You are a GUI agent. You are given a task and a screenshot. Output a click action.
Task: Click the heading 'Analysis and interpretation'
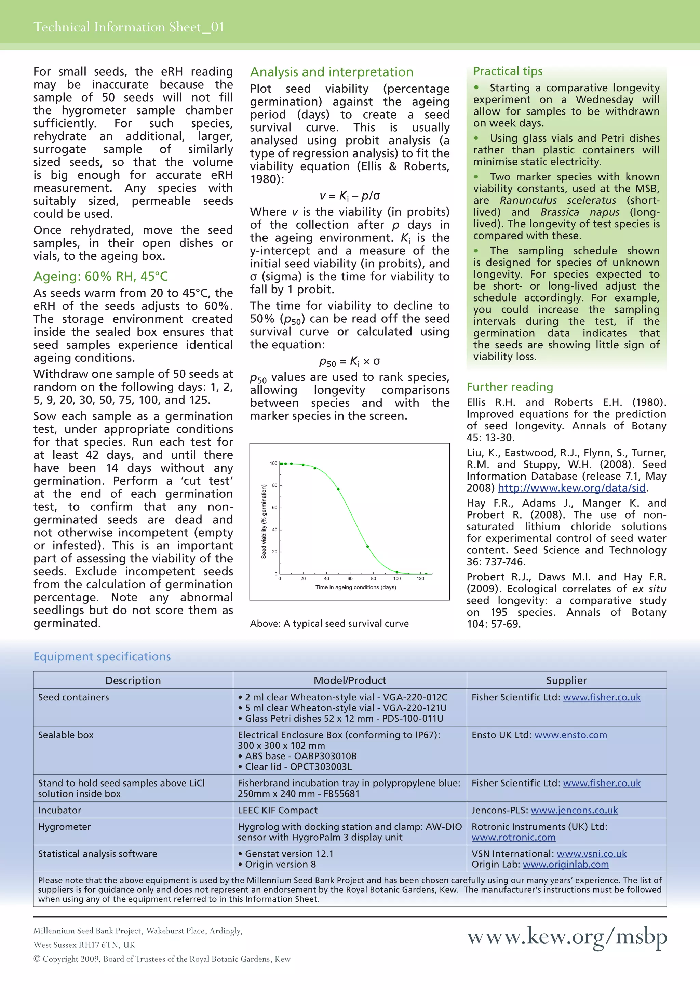coord(332,72)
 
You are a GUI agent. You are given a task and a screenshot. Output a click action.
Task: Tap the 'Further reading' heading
coord(510,387)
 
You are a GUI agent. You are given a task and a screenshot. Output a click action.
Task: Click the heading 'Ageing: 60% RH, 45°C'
coord(100,277)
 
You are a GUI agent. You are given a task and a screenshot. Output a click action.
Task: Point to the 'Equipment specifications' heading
coord(102,656)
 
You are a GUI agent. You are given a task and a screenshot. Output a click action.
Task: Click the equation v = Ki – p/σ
coord(350,196)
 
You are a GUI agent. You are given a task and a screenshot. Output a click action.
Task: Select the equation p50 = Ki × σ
coord(350,361)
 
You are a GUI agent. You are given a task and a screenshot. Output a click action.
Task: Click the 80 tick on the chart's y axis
coord(274,485)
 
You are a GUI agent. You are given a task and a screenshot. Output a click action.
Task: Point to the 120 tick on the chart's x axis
coord(420,579)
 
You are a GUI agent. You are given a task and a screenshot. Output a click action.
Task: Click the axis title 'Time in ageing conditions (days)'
coord(355,587)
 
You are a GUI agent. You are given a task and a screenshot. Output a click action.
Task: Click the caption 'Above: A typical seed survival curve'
coord(329,624)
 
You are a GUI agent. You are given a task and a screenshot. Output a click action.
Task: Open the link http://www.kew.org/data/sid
coord(571,488)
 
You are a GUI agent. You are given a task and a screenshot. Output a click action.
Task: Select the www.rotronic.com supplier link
coord(513,837)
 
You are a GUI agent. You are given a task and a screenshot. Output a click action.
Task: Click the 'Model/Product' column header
coord(350,680)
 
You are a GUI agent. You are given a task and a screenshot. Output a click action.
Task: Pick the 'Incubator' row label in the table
coord(59,810)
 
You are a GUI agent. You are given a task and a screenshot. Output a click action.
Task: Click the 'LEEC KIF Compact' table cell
coord(278,810)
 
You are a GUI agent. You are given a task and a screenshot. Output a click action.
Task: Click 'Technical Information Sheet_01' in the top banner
coord(129,27)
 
